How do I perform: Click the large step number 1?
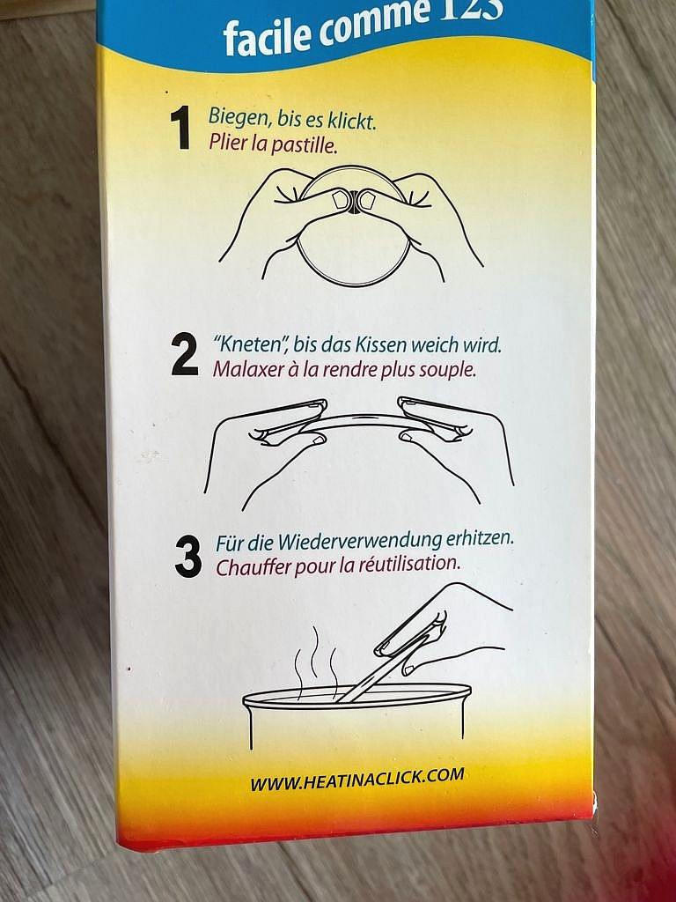point(180,129)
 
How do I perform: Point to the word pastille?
point(303,144)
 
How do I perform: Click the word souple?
point(447,369)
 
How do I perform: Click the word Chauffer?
point(253,566)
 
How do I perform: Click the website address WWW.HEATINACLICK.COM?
point(356,779)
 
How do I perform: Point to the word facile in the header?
point(254,36)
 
